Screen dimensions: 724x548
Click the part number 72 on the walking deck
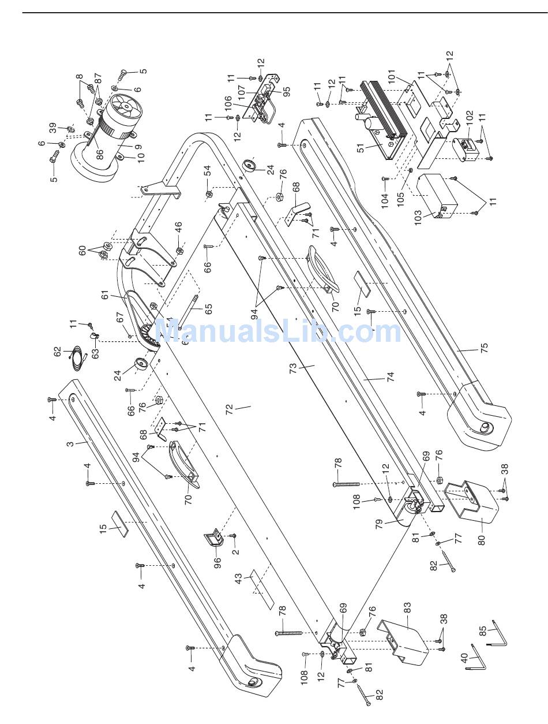[x=230, y=409]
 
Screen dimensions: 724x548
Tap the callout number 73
[x=293, y=366]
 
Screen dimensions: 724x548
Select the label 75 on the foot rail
[x=484, y=348]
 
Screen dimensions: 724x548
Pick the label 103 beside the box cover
[x=418, y=218]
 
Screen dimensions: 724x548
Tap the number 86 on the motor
[x=99, y=154]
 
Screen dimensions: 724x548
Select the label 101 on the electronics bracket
[x=407, y=76]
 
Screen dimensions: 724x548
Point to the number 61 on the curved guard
[x=105, y=295]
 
